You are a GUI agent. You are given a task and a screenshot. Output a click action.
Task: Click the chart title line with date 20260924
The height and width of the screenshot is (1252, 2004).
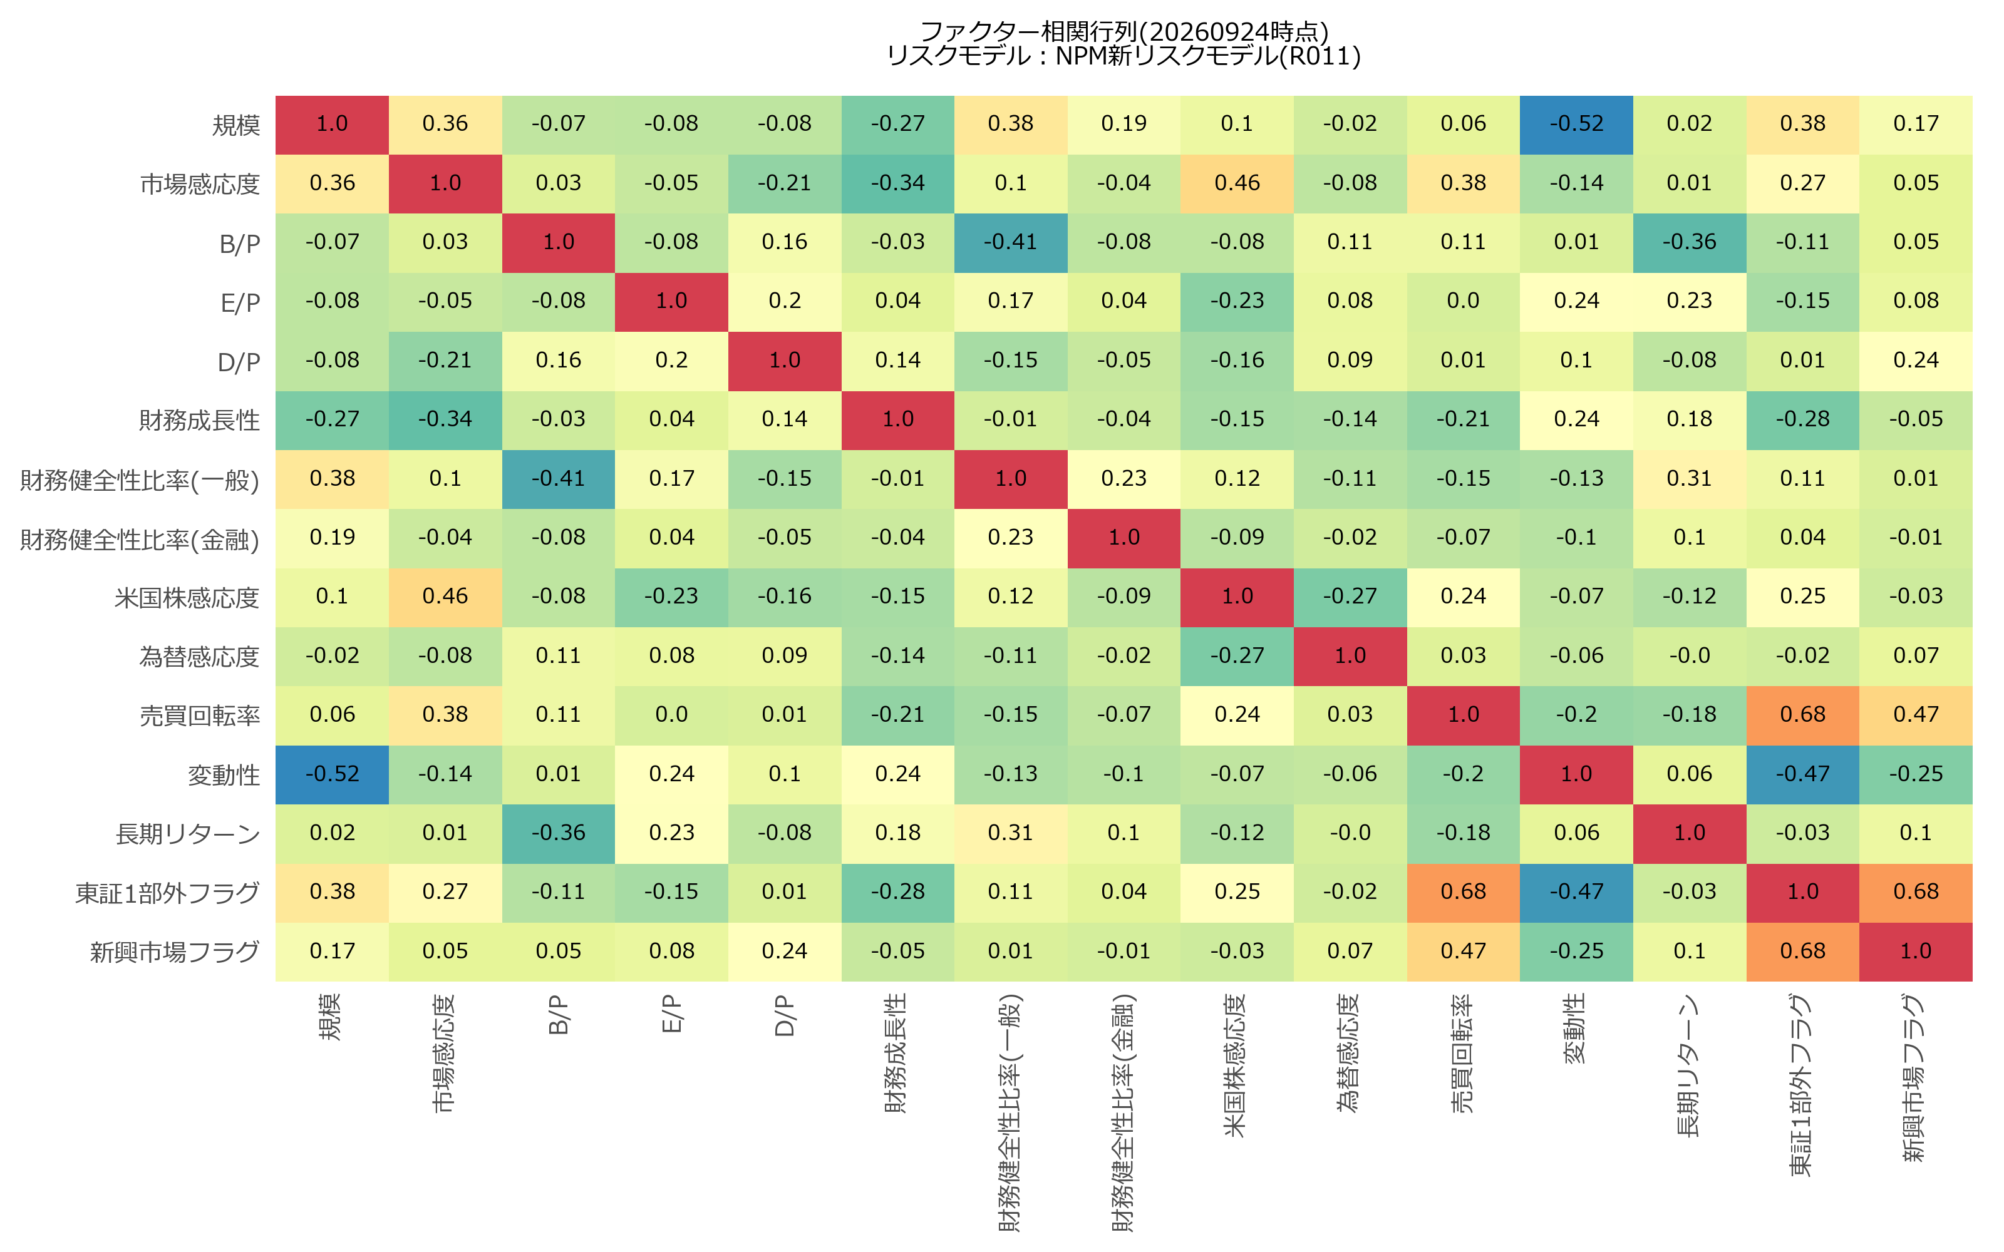pyautogui.click(x=1123, y=31)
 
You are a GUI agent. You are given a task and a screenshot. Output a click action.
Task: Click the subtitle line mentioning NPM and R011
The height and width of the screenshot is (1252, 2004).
pyautogui.click(x=1123, y=56)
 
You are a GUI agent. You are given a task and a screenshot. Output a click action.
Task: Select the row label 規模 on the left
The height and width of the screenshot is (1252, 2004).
pyautogui.click(x=236, y=125)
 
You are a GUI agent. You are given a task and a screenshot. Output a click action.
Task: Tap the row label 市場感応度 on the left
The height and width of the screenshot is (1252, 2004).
pyautogui.click(x=200, y=184)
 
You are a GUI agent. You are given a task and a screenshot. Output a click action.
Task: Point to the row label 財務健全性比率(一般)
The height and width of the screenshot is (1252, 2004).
pyautogui.click(x=140, y=480)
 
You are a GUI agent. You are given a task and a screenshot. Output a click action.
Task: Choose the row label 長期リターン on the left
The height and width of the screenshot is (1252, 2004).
pyautogui.click(x=188, y=834)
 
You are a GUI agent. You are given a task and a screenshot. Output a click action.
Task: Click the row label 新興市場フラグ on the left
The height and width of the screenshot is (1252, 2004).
pyautogui.click(x=175, y=952)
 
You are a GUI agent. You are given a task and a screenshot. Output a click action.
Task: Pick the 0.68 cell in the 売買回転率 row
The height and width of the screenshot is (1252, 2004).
pyautogui.click(x=1803, y=716)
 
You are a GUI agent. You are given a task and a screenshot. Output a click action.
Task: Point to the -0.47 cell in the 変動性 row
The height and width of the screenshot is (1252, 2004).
pyautogui.click(x=1803, y=775)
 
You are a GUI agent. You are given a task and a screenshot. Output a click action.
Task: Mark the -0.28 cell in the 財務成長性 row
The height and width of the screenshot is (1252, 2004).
pyautogui.click(x=1803, y=421)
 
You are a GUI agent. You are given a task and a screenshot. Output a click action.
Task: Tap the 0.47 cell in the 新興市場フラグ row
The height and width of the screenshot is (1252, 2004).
pyautogui.click(x=1464, y=952)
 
